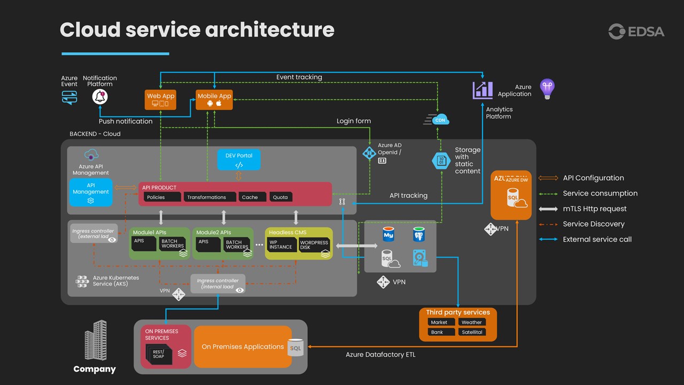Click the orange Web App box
(160, 99)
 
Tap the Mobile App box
(214, 99)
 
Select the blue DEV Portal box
(239, 159)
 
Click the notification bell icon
(100, 96)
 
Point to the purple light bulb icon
(547, 88)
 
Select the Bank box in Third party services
(441, 332)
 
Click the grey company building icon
(96, 340)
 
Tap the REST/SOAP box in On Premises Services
(159, 353)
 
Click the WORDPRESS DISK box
(314, 245)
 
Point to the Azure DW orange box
(511, 195)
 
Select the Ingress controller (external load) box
(94, 234)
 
